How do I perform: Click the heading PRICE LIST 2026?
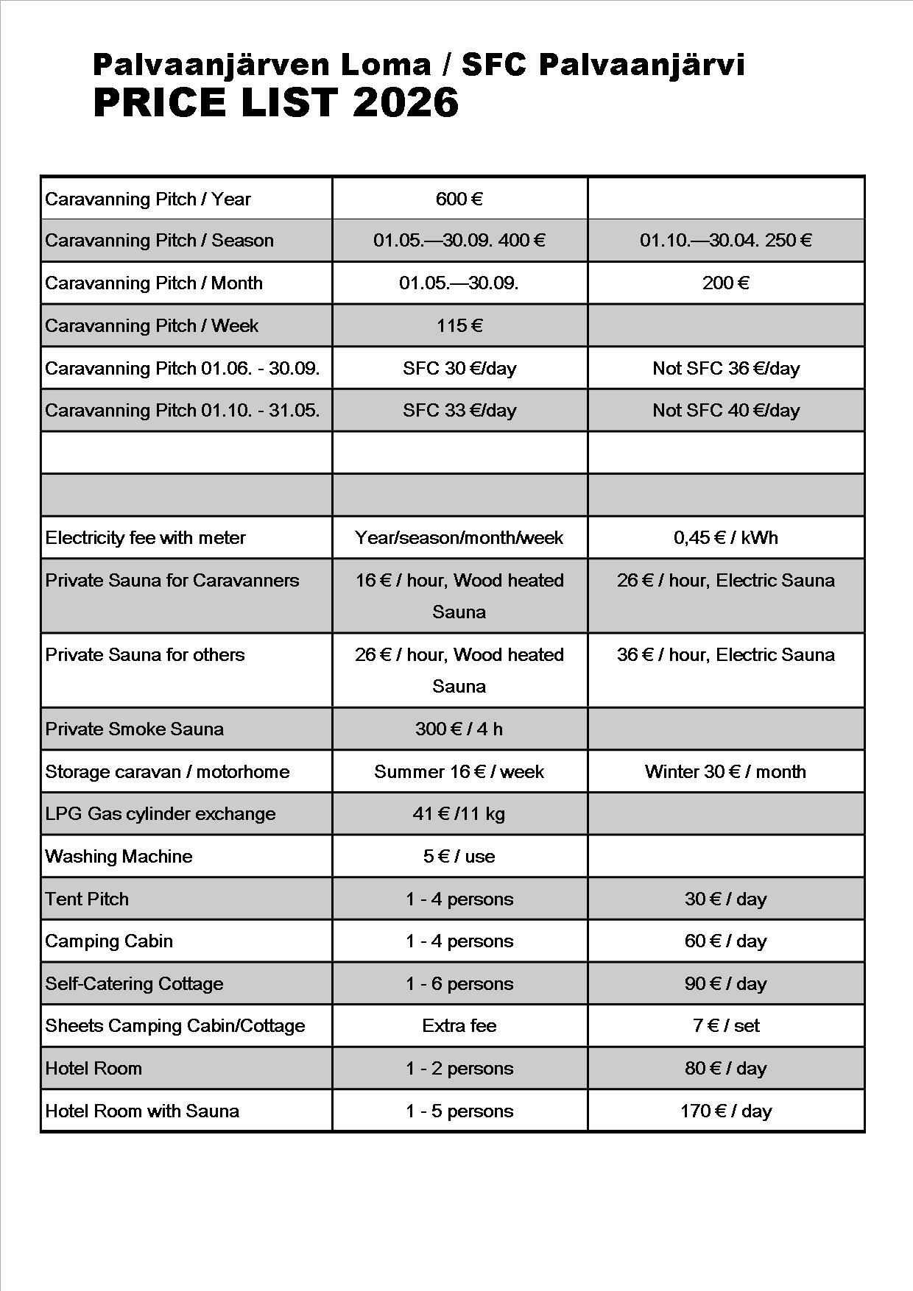pyautogui.click(x=275, y=102)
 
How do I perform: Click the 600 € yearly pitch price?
pyautogui.click(x=459, y=199)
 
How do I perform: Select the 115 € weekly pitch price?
pyautogui.click(x=459, y=325)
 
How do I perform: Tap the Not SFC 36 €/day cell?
pyautogui.click(x=725, y=368)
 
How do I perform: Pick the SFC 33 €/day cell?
pyautogui.click(x=459, y=410)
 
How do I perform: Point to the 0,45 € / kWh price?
pyautogui.click(x=725, y=537)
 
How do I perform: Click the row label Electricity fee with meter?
pyautogui.click(x=145, y=537)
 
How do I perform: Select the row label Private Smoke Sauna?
pyautogui.click(x=134, y=729)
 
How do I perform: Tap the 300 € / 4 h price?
pyautogui.click(x=459, y=729)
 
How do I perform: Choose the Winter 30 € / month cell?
pyautogui.click(x=725, y=771)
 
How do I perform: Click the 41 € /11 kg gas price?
pyautogui.click(x=459, y=813)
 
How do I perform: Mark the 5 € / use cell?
pyautogui.click(x=459, y=856)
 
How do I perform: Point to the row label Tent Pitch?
pyautogui.click(x=87, y=899)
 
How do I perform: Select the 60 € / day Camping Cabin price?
pyautogui.click(x=725, y=941)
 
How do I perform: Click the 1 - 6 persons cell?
pyautogui.click(x=459, y=983)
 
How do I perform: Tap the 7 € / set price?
pyautogui.click(x=725, y=1025)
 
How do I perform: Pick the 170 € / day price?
pyautogui.click(x=725, y=1111)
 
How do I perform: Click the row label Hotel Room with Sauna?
pyautogui.click(x=142, y=1111)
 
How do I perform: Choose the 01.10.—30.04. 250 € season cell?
pyautogui.click(x=725, y=240)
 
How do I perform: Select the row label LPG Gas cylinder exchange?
pyautogui.click(x=160, y=813)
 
